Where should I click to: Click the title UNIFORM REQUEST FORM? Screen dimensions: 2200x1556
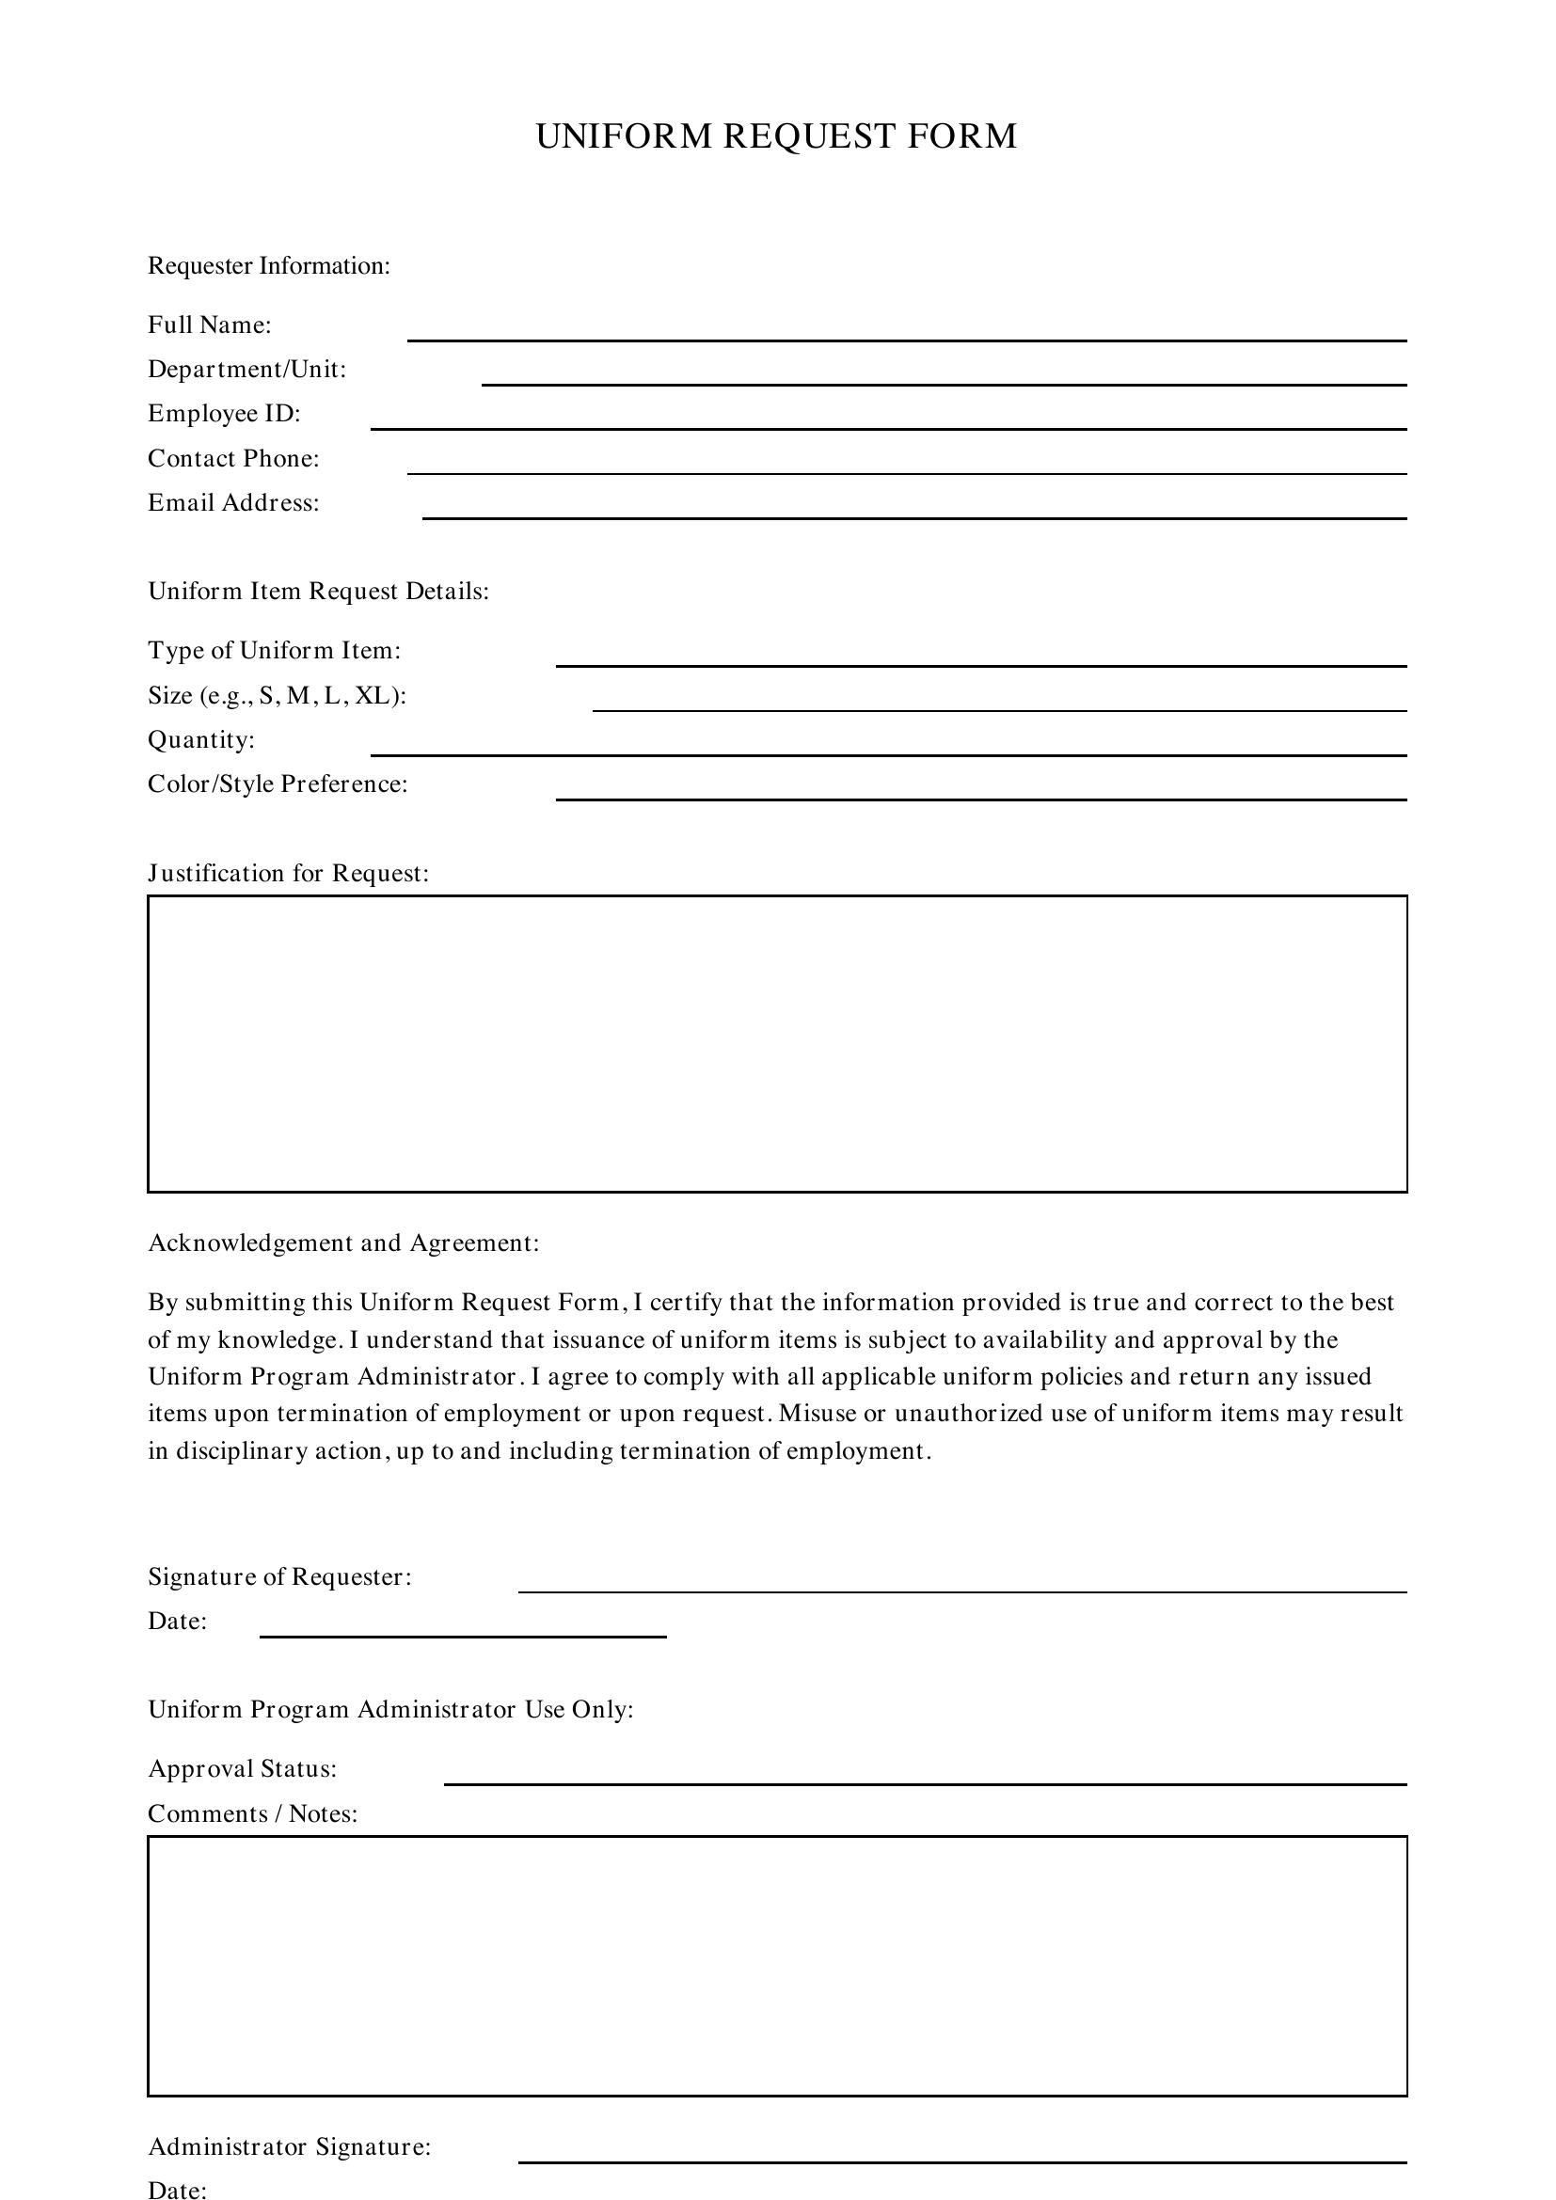776,136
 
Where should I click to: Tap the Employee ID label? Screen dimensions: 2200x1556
224,413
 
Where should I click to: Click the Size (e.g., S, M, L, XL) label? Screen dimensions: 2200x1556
277,695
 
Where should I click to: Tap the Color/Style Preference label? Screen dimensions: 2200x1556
278,783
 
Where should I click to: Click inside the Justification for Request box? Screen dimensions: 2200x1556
777,1043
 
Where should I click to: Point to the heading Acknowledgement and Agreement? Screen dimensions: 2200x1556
343,1242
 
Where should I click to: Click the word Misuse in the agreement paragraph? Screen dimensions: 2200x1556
818,1414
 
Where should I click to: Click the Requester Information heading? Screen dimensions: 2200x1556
269,265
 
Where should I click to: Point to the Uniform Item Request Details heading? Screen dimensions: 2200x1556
318,592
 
